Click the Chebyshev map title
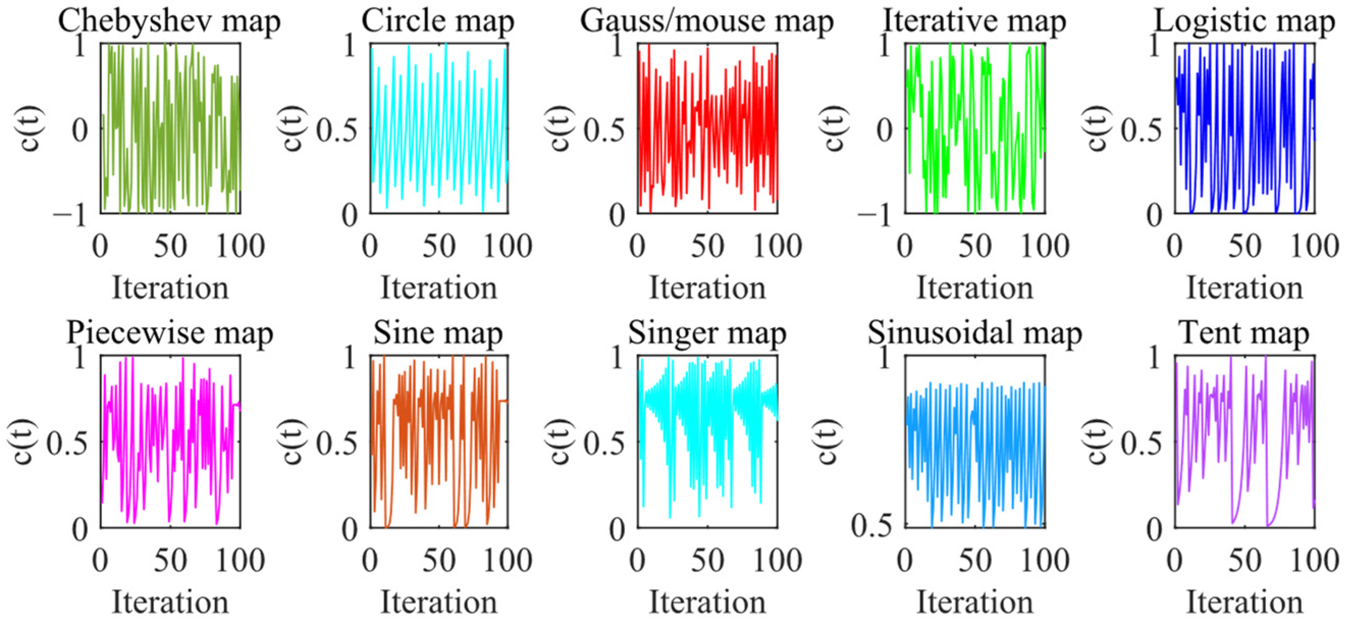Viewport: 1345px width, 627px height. (x=169, y=22)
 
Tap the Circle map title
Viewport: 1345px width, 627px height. (x=438, y=22)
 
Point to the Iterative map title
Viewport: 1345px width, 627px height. (x=974, y=22)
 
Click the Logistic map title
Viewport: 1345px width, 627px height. (x=1245, y=22)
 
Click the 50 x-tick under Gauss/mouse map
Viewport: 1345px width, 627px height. (x=707, y=246)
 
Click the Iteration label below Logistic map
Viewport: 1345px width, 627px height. (x=1245, y=289)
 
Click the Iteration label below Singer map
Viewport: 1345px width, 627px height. (x=707, y=603)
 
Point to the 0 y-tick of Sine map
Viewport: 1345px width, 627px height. (x=350, y=530)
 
